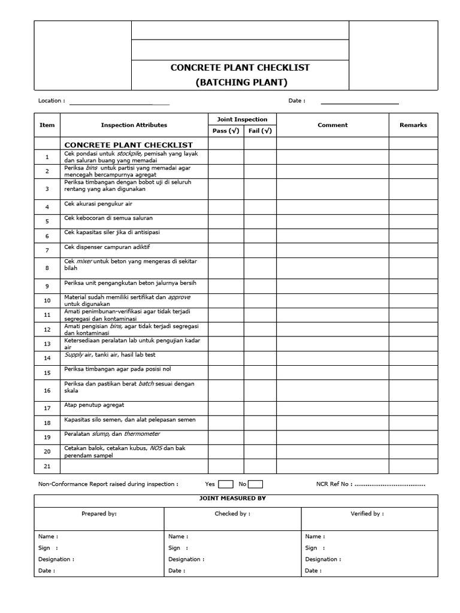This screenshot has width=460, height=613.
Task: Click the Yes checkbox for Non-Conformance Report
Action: coord(226,484)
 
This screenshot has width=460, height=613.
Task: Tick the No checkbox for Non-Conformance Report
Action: coord(255,484)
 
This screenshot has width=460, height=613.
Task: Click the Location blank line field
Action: coord(119,104)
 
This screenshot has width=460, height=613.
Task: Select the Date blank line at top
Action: coord(359,104)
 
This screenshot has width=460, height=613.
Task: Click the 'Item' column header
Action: coord(47,125)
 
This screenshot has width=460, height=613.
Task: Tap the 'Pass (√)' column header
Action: coord(226,131)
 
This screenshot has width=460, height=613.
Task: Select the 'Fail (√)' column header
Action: coord(260,131)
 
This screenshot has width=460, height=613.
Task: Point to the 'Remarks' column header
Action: coord(413,125)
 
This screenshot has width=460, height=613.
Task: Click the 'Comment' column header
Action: coord(332,125)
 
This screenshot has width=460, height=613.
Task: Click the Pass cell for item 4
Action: coord(226,207)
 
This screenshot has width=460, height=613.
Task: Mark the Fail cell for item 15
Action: coord(260,372)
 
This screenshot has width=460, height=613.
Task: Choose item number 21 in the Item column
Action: coord(47,466)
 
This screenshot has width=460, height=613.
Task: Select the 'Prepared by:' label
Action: coord(99,514)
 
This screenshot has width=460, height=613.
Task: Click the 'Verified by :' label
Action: coord(367,514)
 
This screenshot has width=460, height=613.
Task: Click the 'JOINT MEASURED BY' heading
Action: coord(236,498)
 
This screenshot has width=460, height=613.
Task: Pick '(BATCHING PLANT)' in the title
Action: coord(240,82)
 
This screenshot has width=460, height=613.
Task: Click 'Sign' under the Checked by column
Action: coord(174,548)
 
